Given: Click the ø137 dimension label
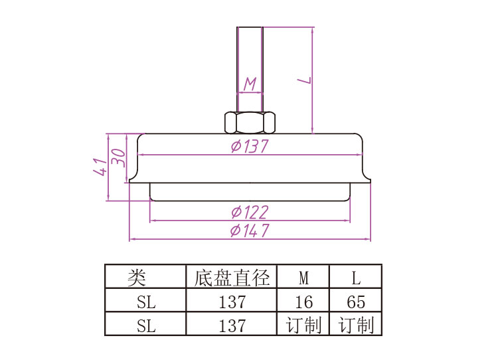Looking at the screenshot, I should pyautogui.click(x=250, y=146).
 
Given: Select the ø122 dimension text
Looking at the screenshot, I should pyautogui.click(x=250, y=212).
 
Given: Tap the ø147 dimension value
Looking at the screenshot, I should pyautogui.click(x=250, y=230).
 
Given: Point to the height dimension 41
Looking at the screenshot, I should pyautogui.click(x=100, y=166).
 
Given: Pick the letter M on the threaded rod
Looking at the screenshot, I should pyautogui.click(x=250, y=84).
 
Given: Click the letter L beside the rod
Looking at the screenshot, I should pyautogui.click(x=305, y=80).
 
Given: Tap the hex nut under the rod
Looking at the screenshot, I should pyautogui.click(x=250, y=122).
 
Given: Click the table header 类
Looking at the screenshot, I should pyautogui.click(x=137, y=277).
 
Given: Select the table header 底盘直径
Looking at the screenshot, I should pyautogui.click(x=232, y=277).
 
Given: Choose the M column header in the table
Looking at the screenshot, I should pyautogui.click(x=303, y=277).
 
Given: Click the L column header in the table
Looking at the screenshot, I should pyautogui.click(x=356, y=277).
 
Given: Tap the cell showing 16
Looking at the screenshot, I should pyautogui.click(x=303, y=302).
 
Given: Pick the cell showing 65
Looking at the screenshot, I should pyautogui.click(x=356, y=302).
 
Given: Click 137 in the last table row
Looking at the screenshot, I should pyautogui.click(x=232, y=325).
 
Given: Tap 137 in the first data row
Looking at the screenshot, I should pyautogui.click(x=232, y=302).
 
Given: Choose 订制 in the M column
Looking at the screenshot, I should pyautogui.click(x=303, y=325).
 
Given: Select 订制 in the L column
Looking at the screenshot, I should pyautogui.click(x=356, y=325).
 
